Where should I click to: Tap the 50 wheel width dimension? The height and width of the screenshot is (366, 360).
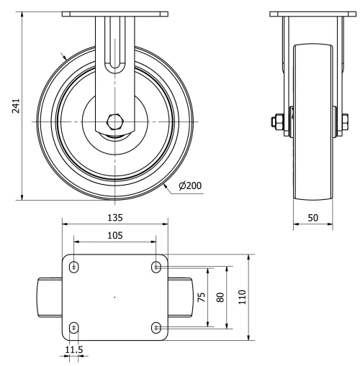pos(312,216)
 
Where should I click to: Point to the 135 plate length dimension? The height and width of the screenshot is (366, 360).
pos(115,216)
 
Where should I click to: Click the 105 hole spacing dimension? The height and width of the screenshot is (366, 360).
pos(115,234)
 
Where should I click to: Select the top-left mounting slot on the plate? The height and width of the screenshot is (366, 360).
pos(74,267)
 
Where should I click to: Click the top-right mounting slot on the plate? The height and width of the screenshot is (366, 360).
pos(156,267)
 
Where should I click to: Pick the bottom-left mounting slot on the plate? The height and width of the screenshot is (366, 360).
pos(74,328)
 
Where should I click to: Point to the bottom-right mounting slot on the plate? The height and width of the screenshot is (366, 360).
pos(156,328)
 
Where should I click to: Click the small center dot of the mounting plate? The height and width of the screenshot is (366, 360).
pos(115,297)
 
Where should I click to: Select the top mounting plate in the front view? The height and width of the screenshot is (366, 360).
pos(115,14)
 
